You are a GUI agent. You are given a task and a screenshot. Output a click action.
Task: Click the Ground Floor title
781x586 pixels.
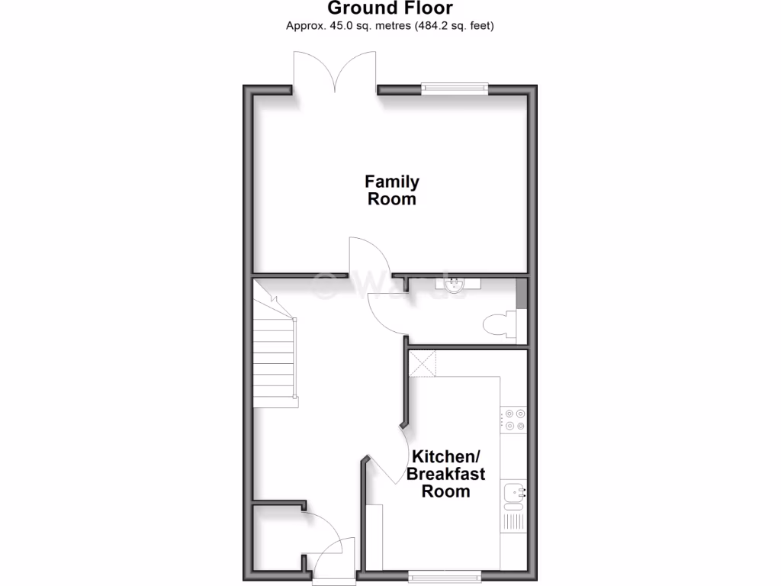(390, 8)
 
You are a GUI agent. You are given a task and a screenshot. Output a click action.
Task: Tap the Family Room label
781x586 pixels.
(392, 191)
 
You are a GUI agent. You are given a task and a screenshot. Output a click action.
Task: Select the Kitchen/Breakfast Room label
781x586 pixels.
(446, 474)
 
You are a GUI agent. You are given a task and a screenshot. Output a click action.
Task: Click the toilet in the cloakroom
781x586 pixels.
(499, 324)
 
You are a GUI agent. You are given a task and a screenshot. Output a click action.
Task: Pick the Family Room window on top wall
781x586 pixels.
(455, 88)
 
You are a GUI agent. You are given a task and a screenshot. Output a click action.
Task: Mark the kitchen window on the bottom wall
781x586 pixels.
(445, 575)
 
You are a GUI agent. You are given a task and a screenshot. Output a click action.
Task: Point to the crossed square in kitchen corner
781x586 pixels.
(424, 362)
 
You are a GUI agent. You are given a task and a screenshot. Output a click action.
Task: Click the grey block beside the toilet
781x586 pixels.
(522, 295)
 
